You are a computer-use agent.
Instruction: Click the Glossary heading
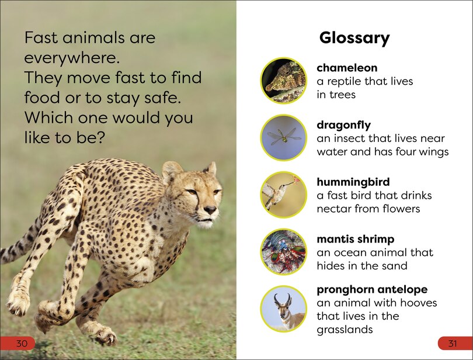click(x=354, y=39)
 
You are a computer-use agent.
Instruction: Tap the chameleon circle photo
click(x=283, y=81)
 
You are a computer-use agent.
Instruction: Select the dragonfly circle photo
click(x=283, y=138)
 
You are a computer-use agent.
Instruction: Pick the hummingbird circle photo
click(x=283, y=195)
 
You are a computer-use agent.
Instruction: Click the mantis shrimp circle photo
click(x=283, y=252)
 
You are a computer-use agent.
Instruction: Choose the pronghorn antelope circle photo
click(x=283, y=309)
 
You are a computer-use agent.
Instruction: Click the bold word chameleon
click(x=347, y=68)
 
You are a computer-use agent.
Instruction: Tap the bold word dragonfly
click(x=343, y=125)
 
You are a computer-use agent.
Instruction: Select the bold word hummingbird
click(x=353, y=182)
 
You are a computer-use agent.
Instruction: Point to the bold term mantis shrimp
click(x=355, y=240)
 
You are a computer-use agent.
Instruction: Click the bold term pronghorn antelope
click(x=372, y=290)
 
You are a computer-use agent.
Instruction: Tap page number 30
click(x=22, y=343)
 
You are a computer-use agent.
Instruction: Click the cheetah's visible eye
click(x=192, y=192)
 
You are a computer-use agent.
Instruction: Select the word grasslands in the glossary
click(x=345, y=330)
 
